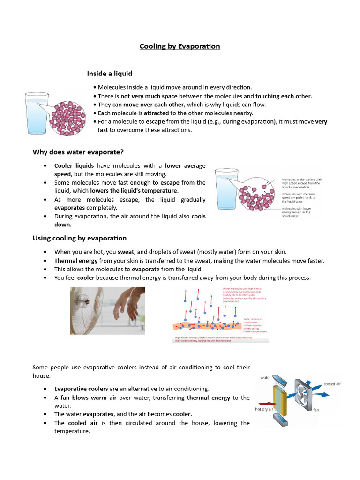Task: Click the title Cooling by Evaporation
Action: pyautogui.click(x=180, y=46)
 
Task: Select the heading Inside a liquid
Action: pyautogui.click(x=110, y=74)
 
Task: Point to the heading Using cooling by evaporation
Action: pyautogui.click(x=80, y=238)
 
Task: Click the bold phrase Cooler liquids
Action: pyautogui.click(x=74, y=165)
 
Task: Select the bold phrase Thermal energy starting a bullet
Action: pyautogui.click(x=76, y=261)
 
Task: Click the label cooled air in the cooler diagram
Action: pyautogui.click(x=332, y=384)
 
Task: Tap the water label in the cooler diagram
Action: pyautogui.click(x=266, y=377)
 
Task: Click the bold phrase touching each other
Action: pyautogui.click(x=283, y=96)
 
